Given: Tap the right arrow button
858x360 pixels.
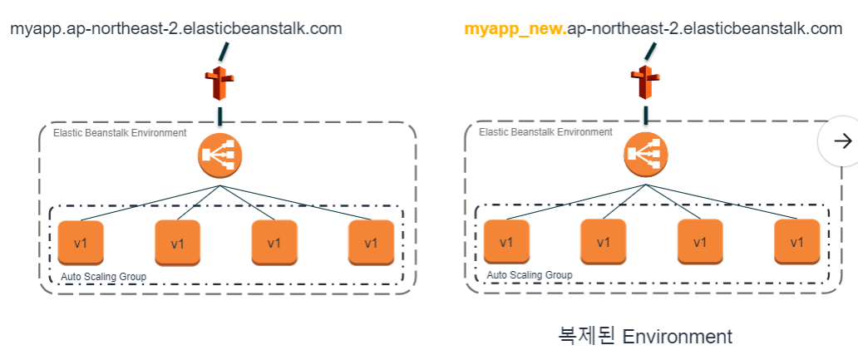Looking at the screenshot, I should [841, 141].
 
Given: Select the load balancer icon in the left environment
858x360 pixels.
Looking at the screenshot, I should [219, 155].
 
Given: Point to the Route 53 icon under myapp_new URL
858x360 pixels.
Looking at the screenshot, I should [645, 83].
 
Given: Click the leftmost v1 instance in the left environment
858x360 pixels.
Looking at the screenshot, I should [81, 243].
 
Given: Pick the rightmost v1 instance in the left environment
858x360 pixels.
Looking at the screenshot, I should [371, 243].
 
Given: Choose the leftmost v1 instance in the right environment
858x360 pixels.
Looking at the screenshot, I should [506, 242].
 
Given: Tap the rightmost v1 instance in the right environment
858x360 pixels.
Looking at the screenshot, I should [796, 242].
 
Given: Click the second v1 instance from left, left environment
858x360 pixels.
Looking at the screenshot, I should [177, 244].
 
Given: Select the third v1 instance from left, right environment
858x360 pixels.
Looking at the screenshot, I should [700, 242].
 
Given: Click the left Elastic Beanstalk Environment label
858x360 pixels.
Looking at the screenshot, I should [120, 132].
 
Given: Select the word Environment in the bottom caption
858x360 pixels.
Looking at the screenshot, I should [677, 336].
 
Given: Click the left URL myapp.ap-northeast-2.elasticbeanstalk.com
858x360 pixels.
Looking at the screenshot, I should [175, 28].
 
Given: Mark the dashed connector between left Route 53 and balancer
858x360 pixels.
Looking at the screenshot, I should [219, 116].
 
